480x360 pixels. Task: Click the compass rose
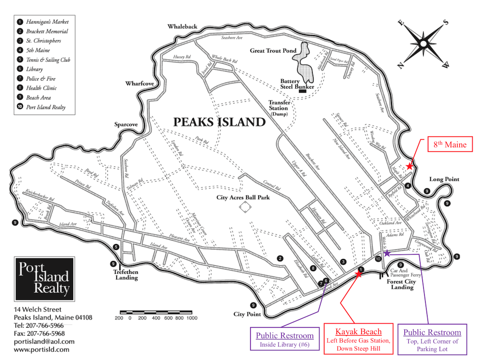point(423,44)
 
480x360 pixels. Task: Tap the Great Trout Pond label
point(273,51)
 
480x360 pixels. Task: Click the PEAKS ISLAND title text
point(219,122)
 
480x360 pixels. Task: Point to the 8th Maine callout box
point(450,145)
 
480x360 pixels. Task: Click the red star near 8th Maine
point(410,166)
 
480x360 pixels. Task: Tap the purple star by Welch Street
point(387,253)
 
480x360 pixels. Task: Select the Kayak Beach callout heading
point(358,332)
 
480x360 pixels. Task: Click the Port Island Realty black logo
point(44,278)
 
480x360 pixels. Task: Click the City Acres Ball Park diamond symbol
point(243,209)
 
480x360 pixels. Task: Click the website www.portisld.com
point(42,349)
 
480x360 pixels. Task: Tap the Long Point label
point(444,179)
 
